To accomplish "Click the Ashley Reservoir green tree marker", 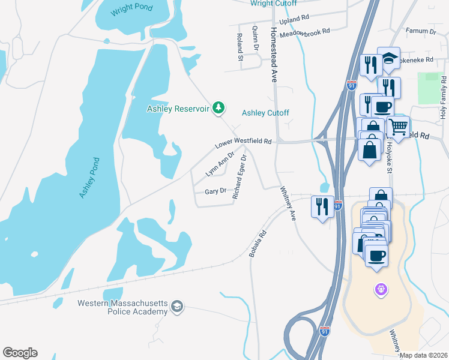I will coord(220,107).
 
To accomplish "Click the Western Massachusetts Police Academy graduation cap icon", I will coord(176,307).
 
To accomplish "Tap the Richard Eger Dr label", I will coord(240,177).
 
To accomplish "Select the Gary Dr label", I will coord(215,191).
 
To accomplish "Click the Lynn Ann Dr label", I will coord(219,164).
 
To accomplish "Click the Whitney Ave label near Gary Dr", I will coord(289,203).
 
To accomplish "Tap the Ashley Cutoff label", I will coord(265,113).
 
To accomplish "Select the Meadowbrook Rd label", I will coord(305,32).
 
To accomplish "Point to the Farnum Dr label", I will coord(420,31).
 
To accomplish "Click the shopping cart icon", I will coord(398,127).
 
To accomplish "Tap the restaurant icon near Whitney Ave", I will coord(322,207).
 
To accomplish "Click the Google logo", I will coord(20,353).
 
